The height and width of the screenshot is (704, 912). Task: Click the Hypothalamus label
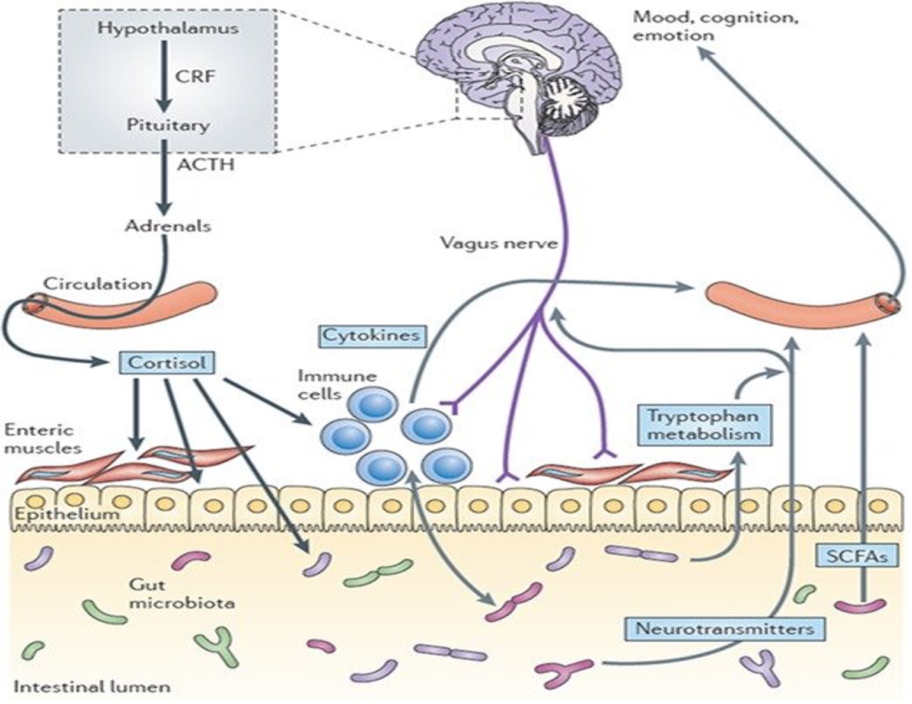tap(168, 28)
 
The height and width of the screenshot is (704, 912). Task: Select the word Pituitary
tap(168, 125)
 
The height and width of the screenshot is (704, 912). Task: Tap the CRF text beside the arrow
tap(194, 76)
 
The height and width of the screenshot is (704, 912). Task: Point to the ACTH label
tap(205, 164)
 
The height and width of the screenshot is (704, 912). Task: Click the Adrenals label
tap(168, 226)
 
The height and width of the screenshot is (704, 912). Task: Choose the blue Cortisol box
tap(167, 362)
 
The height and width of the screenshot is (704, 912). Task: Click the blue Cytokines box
tap(371, 335)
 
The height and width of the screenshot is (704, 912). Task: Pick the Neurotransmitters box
tap(724, 628)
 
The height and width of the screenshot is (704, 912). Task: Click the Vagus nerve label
tap(499, 243)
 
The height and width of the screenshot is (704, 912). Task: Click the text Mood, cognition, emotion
tap(715, 25)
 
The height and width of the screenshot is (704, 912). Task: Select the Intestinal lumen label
tap(92, 687)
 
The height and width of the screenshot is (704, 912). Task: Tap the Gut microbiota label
tap(181, 594)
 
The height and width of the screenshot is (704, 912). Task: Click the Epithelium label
tap(66, 514)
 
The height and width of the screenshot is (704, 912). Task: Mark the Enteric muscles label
tap(42, 439)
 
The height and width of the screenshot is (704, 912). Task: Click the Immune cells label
tap(337, 384)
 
